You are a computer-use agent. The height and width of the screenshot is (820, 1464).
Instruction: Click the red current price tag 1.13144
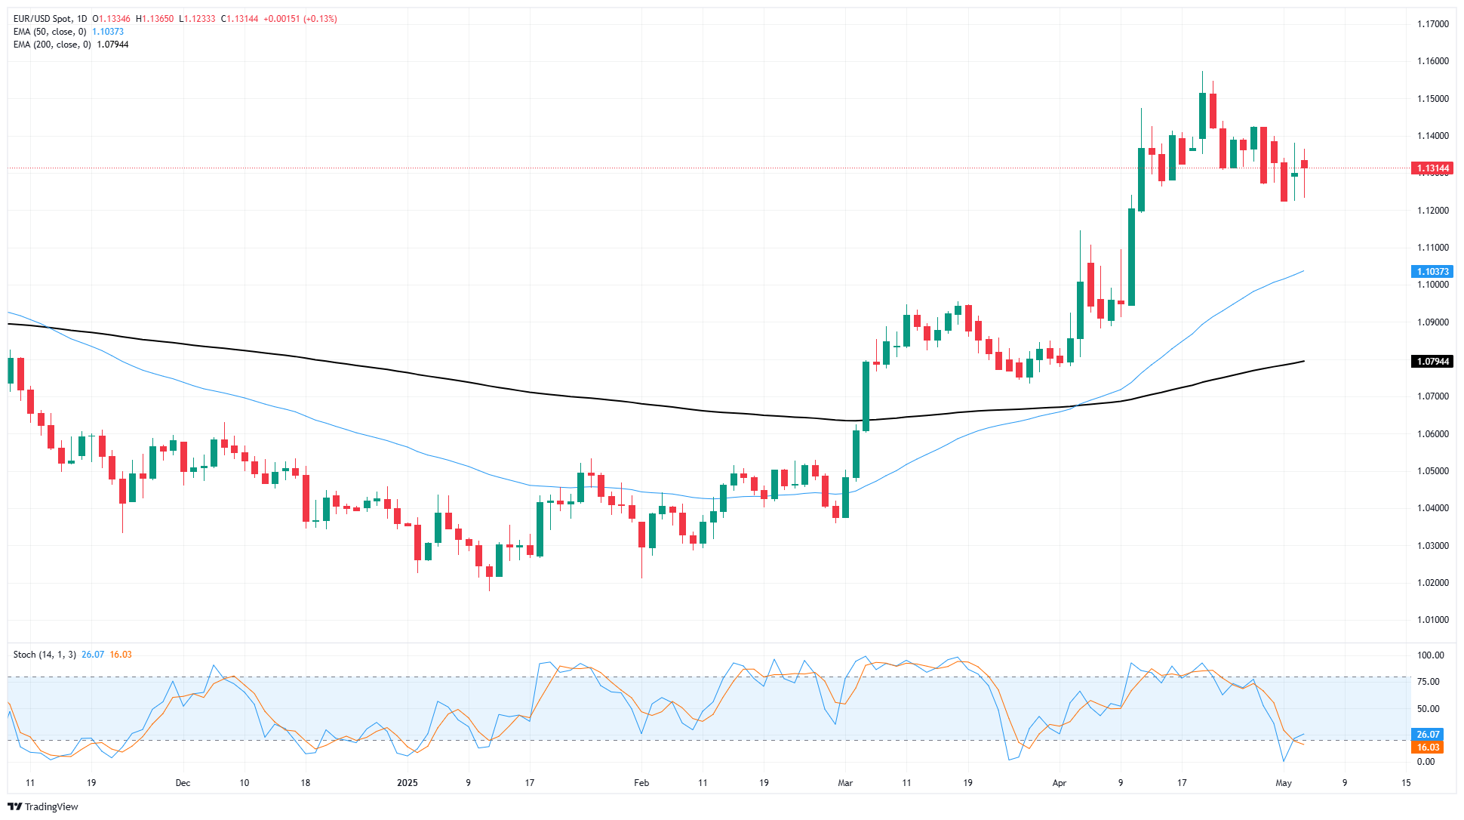1432,168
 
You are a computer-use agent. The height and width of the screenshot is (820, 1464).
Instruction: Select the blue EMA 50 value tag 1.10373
1432,272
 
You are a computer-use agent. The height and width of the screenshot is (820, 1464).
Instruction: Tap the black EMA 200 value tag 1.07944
1432,362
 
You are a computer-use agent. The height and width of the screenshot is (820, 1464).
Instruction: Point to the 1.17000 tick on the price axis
1432,24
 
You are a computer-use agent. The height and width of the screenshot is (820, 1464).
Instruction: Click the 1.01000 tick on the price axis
1432,620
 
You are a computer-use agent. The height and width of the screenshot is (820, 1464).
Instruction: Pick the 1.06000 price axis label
1432,434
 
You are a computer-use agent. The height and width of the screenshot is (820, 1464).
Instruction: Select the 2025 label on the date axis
408,783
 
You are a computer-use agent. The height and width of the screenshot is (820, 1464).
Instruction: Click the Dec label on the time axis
183,783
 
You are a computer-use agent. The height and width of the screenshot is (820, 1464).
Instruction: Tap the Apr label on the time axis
1060,783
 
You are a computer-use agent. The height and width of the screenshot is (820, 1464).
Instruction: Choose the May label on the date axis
1284,783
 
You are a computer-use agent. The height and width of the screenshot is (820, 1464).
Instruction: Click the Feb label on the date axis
641,783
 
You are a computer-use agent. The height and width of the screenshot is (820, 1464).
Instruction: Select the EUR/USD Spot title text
43,19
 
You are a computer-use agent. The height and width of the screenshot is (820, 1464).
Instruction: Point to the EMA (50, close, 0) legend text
50,32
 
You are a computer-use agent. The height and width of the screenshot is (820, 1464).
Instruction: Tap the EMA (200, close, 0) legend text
52,45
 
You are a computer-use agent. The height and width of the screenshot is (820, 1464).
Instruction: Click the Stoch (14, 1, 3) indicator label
45,655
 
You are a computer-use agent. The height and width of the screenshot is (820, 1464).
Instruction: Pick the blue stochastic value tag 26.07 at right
1428,735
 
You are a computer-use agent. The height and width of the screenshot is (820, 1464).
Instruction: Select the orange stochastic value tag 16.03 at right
1428,748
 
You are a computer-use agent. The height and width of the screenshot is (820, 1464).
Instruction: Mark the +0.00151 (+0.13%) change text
300,19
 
